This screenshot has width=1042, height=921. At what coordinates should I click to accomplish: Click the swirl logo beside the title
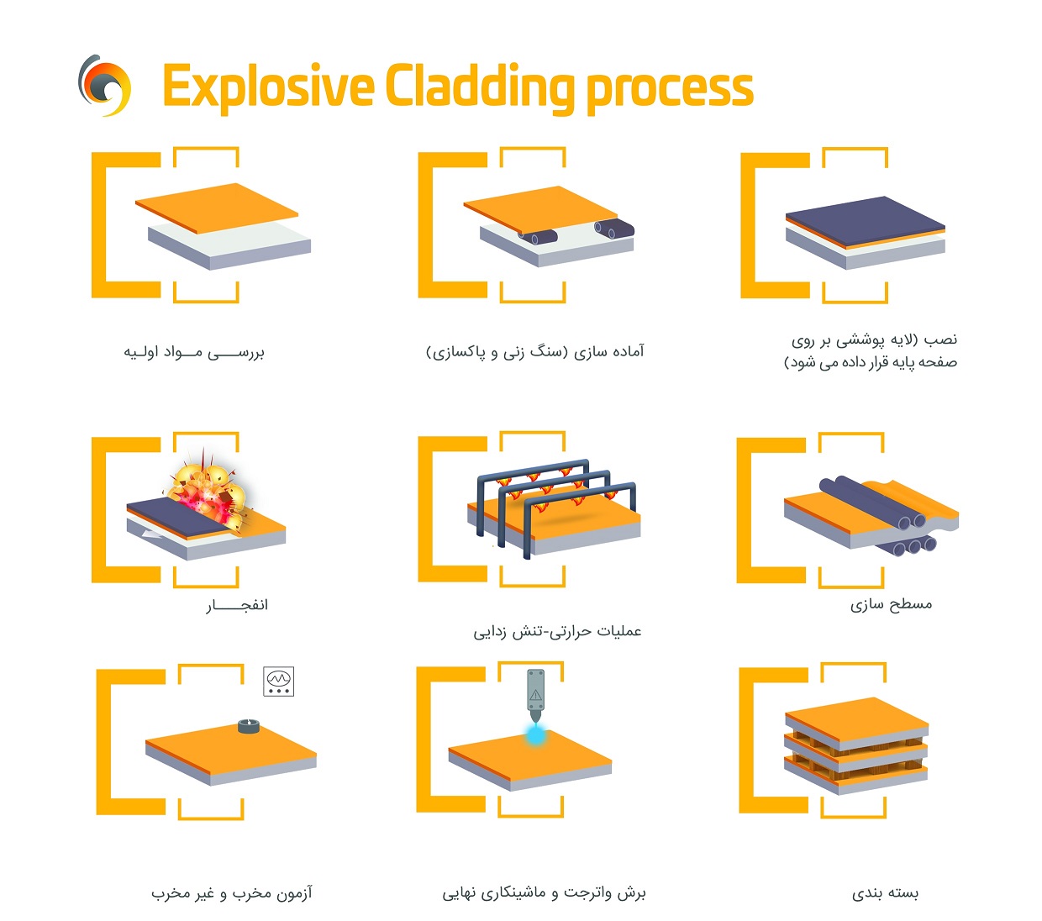click(105, 85)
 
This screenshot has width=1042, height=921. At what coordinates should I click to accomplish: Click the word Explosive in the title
click(267, 87)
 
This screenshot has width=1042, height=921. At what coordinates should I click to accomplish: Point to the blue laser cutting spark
click(535, 734)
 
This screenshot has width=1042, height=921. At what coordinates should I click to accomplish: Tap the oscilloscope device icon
click(278, 682)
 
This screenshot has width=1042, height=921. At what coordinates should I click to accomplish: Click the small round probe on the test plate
click(247, 726)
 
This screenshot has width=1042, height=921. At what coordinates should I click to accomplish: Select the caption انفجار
click(237, 605)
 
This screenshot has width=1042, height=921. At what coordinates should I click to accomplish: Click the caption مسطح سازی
click(891, 604)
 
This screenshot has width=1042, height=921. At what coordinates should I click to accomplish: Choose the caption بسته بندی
click(886, 892)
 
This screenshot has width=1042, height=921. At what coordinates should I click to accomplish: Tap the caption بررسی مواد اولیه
click(194, 352)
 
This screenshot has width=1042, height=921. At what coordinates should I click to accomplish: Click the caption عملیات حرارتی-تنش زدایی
click(557, 630)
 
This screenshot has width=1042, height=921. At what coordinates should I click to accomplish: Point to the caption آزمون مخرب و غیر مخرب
click(232, 892)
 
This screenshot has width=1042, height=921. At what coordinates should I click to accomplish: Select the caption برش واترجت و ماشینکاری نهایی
click(544, 892)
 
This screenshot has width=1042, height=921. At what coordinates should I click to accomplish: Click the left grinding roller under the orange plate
click(539, 236)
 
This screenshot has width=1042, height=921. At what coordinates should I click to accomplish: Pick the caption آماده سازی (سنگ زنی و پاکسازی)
click(534, 351)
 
